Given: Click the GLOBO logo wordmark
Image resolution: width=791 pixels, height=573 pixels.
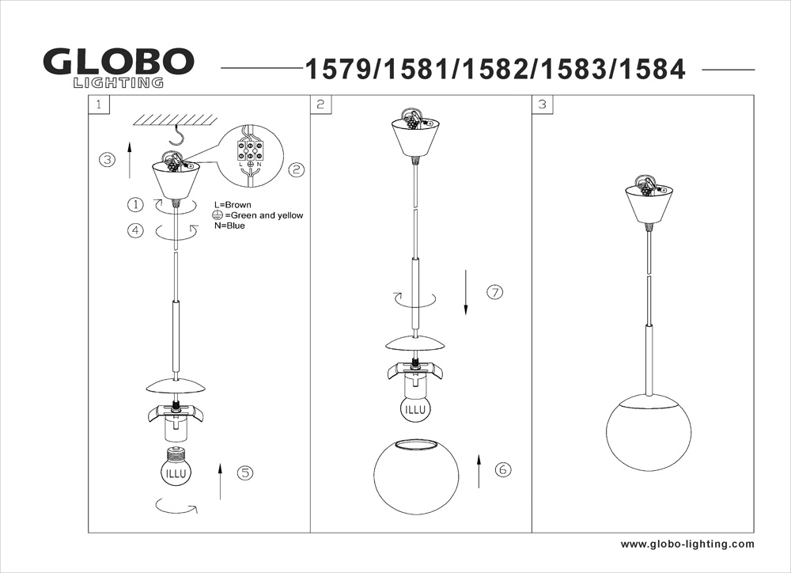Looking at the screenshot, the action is tap(119, 62).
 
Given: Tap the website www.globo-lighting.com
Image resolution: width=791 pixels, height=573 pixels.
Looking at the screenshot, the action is tap(687, 545).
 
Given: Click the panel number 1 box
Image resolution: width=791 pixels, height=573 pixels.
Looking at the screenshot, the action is tap(98, 104).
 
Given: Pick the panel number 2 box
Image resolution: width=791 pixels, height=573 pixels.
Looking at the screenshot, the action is tap(320, 104).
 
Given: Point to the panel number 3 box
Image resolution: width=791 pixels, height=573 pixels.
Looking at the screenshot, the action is tap(543, 104).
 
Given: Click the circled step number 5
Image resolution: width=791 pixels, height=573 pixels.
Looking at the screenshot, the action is tap(245, 472).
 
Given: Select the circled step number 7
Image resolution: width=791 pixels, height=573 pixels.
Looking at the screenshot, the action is tap(495, 292).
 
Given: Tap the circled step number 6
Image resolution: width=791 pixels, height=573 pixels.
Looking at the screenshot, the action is tap(502, 469).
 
